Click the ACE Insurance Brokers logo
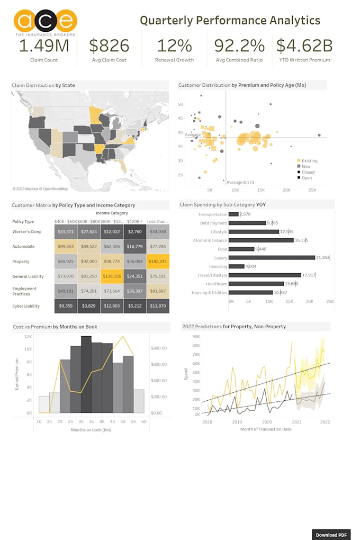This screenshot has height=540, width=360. pyautogui.click(x=45, y=22)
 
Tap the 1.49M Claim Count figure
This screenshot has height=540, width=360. pyautogui.click(x=44, y=46)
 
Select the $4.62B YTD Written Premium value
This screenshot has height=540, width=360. pyautogui.click(x=304, y=46)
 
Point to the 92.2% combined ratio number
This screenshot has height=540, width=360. pyautogui.click(x=239, y=46)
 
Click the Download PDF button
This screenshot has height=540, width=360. pyautogui.click(x=331, y=534)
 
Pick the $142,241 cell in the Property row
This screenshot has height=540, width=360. pyautogui.click(x=158, y=262)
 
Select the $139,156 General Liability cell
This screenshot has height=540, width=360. pyautogui.click(x=112, y=276)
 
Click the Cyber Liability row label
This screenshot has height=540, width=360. pyautogui.click(x=27, y=306)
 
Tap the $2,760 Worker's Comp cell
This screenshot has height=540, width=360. pyautogui.click(x=134, y=232)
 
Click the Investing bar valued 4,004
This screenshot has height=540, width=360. pyautogui.click(x=236, y=266)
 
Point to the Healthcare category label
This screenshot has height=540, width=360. pyautogui.click(x=213, y=283)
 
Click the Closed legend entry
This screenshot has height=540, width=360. pyautogui.click(x=308, y=172)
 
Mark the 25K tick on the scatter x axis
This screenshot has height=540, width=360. pyautogui.click(x=312, y=190)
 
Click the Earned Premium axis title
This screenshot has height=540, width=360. pyautogui.click(x=17, y=374)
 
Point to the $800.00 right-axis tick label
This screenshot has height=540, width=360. pyautogui.click(x=159, y=348)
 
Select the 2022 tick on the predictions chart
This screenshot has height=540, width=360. pyautogui.click(x=325, y=422)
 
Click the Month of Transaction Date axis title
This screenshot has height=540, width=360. pyautogui.click(x=266, y=429)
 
